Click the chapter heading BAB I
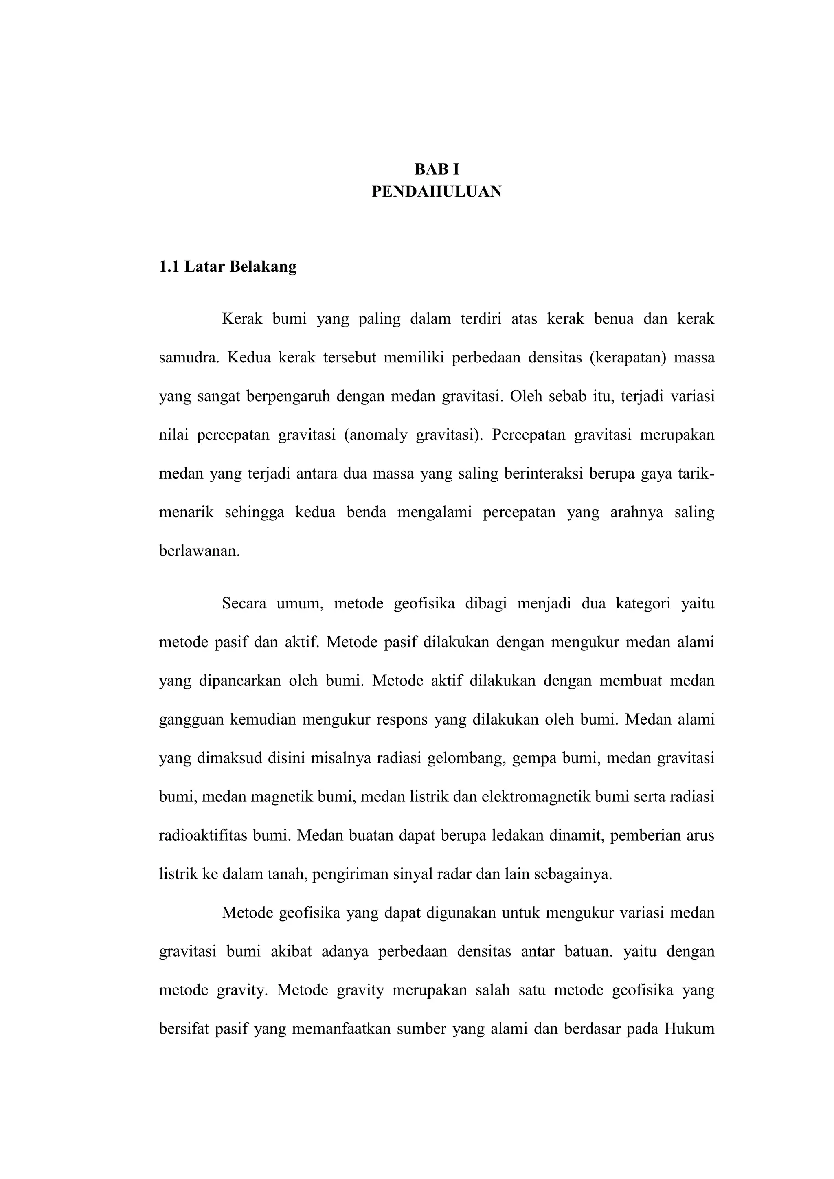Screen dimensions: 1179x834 click(x=437, y=169)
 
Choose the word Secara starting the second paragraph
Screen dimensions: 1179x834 click(x=244, y=604)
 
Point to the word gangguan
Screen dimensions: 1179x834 click(x=191, y=720)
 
